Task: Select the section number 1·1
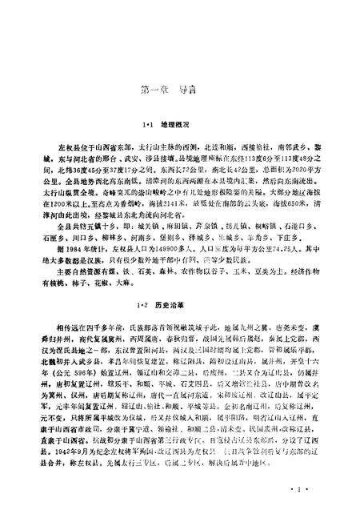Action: [x=146, y=127]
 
